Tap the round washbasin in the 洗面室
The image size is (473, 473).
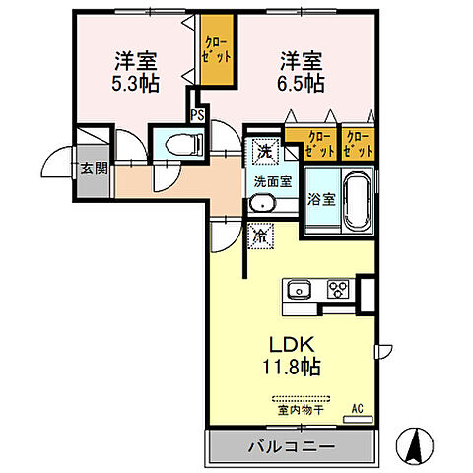[x=261, y=205]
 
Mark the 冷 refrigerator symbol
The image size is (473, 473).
[x=262, y=236]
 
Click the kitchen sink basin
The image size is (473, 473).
[x=299, y=290]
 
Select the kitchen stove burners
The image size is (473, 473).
[x=339, y=290]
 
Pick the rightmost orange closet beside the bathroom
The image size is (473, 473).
[x=358, y=144]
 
